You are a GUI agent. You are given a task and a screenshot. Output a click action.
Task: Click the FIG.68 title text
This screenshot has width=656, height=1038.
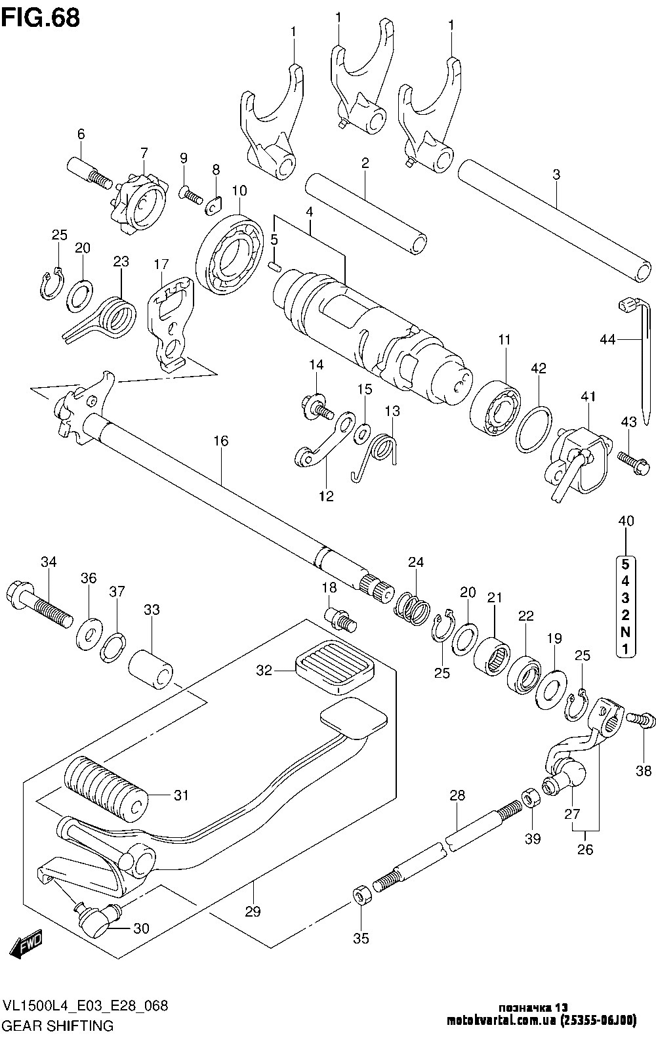pos(41,18)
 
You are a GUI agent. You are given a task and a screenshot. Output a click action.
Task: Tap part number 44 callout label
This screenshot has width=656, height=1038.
pos(607,340)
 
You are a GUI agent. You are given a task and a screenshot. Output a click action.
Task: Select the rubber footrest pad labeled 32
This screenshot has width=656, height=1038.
pos(334,667)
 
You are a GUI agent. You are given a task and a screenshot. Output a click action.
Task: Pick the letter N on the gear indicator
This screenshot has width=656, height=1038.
pos(625,632)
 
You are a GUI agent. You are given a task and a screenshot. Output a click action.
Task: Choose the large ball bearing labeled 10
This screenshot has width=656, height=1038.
pos(230,254)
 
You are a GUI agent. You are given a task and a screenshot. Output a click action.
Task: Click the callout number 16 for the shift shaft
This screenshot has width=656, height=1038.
pos(221,440)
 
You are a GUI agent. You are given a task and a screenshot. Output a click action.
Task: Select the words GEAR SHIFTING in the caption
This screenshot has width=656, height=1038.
pos(58,1026)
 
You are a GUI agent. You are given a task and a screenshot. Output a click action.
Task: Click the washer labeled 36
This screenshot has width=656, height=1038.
pos(90,633)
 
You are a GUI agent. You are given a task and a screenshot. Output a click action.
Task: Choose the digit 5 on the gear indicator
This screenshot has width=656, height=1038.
pos(625,564)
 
